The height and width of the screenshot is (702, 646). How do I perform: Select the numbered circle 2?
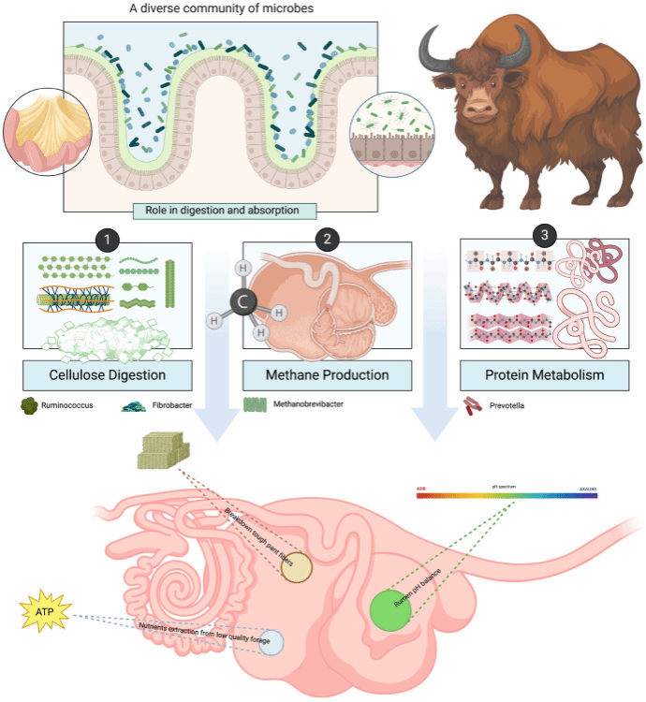[x=327, y=239]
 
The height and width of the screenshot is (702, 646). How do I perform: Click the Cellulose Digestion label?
[x=109, y=376]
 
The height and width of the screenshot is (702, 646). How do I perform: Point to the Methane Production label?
[x=327, y=376]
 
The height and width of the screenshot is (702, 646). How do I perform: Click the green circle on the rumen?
[x=390, y=609]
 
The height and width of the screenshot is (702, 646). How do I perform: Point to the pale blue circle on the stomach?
[x=272, y=641]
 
